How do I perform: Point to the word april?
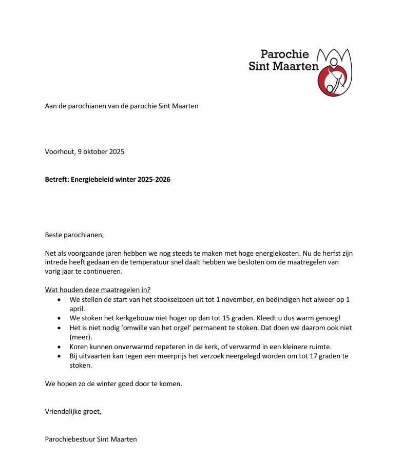[x=78, y=309]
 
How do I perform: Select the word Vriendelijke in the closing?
[x=65, y=411]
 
